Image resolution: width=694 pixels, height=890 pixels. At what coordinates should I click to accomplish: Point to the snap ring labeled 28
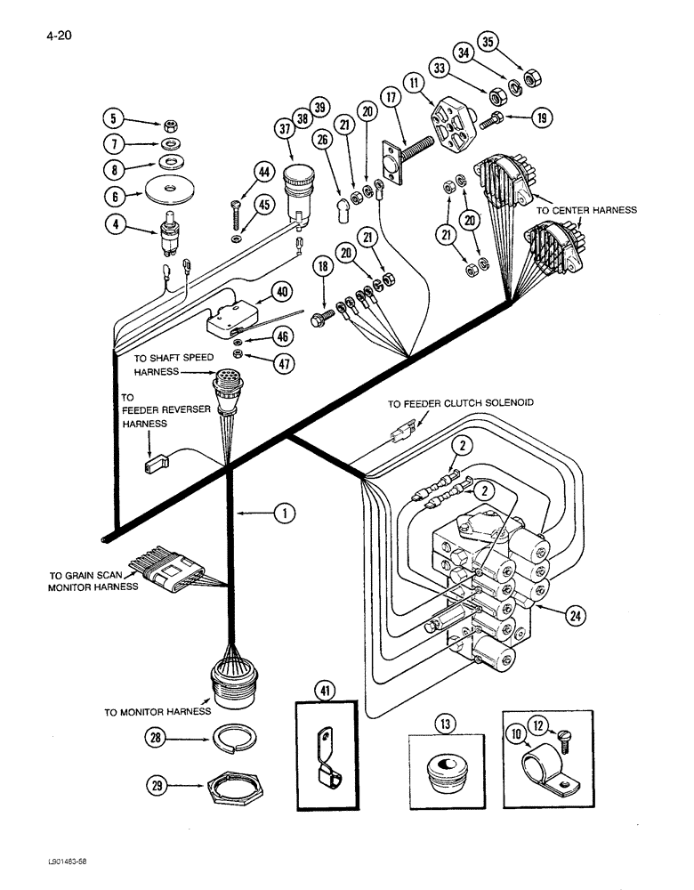234,738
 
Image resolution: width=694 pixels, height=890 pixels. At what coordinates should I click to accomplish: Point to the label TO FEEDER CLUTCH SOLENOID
460,403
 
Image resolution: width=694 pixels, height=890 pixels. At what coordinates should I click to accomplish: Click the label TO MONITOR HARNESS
157,711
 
